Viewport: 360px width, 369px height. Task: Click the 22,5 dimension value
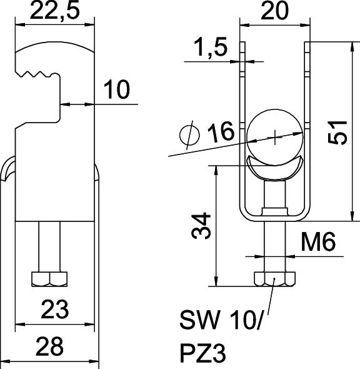click(x=55, y=10)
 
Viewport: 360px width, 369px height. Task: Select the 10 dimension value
click(x=117, y=89)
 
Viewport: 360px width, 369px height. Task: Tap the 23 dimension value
click(x=55, y=309)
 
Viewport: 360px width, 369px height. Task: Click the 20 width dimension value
click(x=274, y=11)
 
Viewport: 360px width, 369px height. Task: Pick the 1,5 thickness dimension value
click(x=211, y=47)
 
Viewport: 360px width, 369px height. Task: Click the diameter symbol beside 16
click(x=189, y=135)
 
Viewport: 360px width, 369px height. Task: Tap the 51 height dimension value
click(x=337, y=132)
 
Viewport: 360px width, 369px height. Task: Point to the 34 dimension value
click(x=201, y=225)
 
